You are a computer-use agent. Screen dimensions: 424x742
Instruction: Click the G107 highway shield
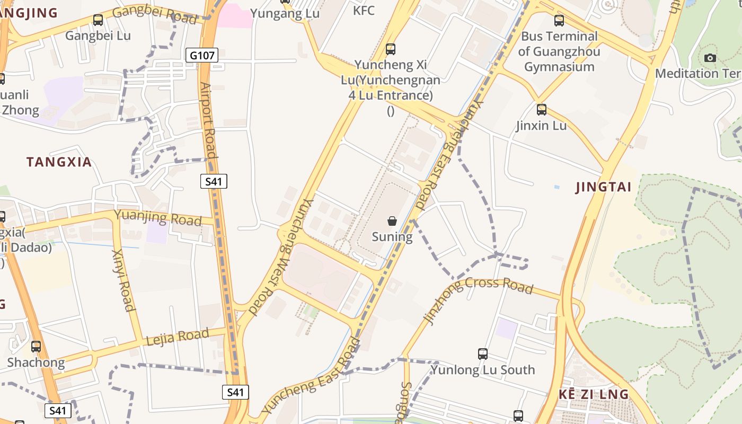pyautogui.click(x=202, y=55)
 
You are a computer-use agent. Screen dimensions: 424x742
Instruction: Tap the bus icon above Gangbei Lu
pyautogui.click(x=98, y=20)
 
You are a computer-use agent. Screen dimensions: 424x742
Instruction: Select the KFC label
pyautogui.click(x=364, y=10)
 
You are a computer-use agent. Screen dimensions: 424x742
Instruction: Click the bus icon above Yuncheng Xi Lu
pyautogui.click(x=391, y=49)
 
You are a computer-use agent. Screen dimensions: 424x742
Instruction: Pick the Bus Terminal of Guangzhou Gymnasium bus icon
pyautogui.click(x=559, y=21)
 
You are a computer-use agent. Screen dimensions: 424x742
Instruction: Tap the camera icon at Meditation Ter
pyautogui.click(x=710, y=58)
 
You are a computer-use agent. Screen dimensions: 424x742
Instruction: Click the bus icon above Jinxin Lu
pyautogui.click(x=542, y=110)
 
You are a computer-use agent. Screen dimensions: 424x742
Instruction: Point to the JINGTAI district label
pyautogui.click(x=604, y=187)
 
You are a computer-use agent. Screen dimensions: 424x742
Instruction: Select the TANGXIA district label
pyautogui.click(x=59, y=162)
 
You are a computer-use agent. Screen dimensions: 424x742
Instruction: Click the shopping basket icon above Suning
pyautogui.click(x=392, y=221)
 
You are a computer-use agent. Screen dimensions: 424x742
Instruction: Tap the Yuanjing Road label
pyautogui.click(x=158, y=217)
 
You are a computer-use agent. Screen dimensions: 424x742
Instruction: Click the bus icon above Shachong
pyautogui.click(x=36, y=347)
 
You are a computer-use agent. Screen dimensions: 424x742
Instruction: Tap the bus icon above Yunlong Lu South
pyautogui.click(x=483, y=354)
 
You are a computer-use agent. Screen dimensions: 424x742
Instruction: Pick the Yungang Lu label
pyautogui.click(x=285, y=13)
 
